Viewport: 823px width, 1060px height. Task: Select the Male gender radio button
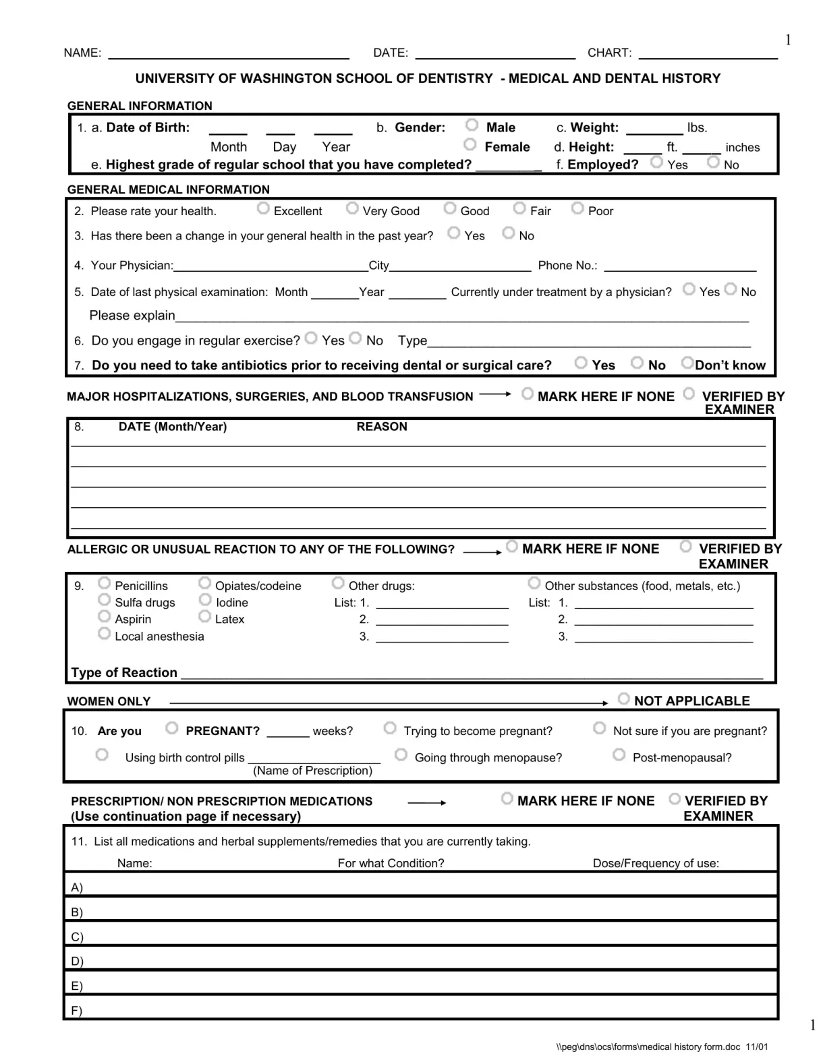click(472, 125)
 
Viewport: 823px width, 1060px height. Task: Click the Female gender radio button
click(470, 145)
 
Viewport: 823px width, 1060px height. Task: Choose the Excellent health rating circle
click(263, 209)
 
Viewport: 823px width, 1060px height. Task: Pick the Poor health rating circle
click(577, 208)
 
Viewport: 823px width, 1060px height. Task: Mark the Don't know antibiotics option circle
click(687, 363)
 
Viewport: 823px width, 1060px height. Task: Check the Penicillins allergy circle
click(104, 583)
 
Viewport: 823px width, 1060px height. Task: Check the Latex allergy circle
click(205, 616)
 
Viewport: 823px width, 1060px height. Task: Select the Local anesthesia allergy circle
click(104, 634)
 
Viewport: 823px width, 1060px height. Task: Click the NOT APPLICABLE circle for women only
click(624, 699)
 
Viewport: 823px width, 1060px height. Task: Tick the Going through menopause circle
click(401, 755)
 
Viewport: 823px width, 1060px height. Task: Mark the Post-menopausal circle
click(619, 755)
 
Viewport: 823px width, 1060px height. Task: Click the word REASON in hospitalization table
click(382, 427)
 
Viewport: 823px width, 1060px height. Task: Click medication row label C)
click(77, 937)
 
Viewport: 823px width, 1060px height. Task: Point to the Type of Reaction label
click(124, 673)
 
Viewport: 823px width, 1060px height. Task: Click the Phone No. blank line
click(680, 266)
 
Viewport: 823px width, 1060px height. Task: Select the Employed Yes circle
click(656, 163)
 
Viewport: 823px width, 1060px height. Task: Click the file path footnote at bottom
click(662, 1047)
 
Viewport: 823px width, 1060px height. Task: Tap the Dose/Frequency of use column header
click(656, 864)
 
